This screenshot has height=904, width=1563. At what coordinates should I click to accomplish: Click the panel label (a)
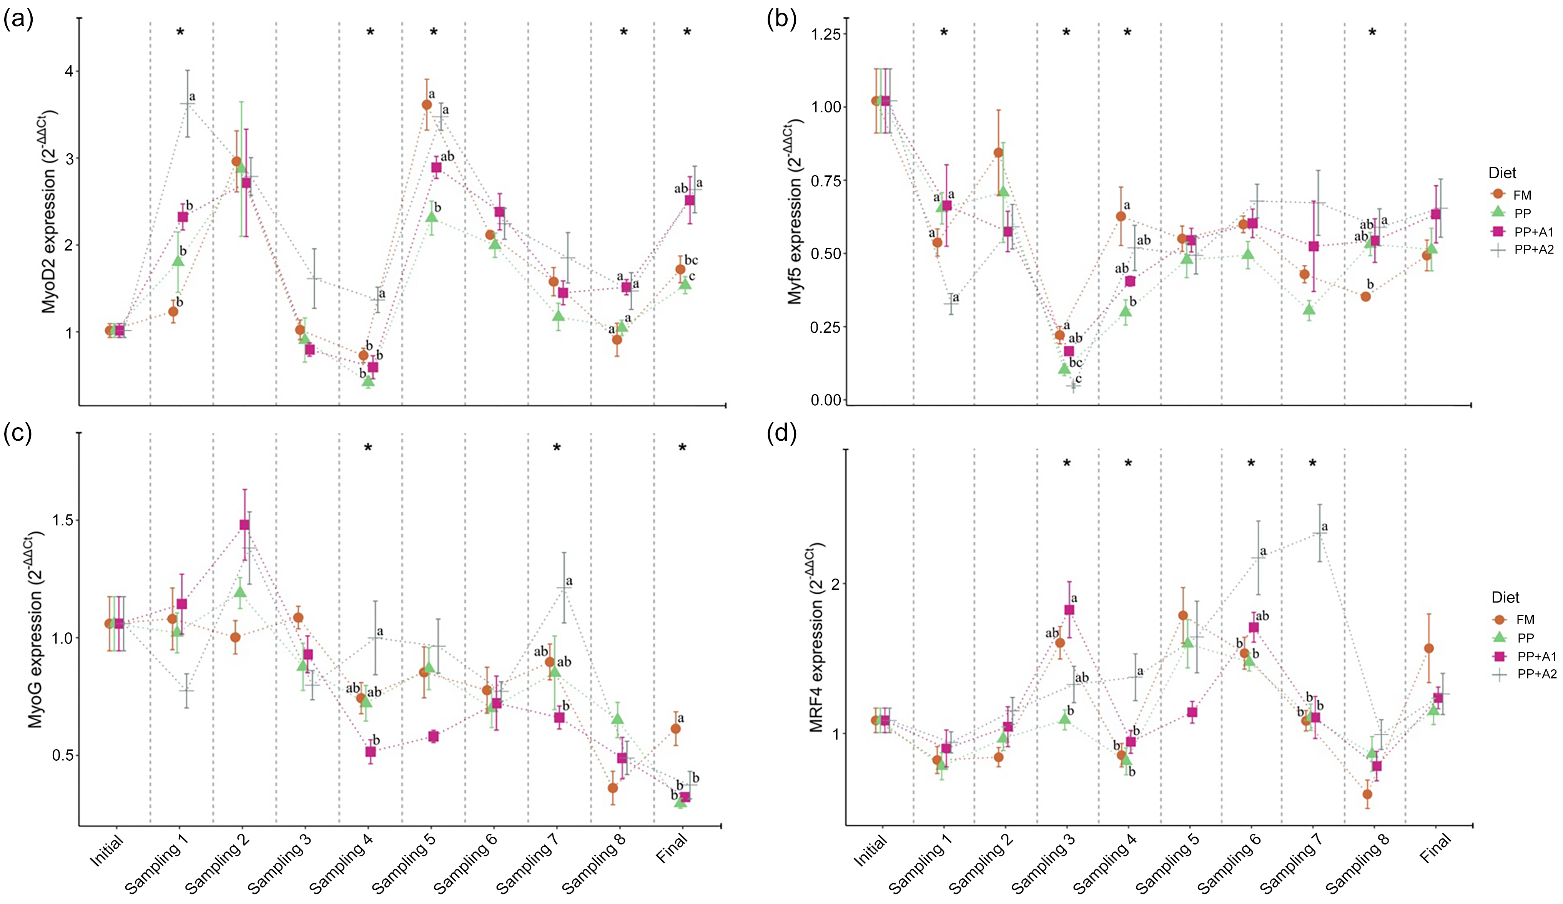tap(18, 20)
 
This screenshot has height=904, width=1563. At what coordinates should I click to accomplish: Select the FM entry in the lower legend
tap(1525, 619)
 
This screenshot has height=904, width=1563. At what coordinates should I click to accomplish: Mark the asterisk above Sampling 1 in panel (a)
tap(181, 32)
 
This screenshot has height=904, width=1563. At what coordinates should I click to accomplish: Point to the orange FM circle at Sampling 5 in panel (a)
tap(427, 105)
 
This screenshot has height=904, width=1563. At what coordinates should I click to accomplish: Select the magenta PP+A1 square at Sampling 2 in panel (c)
tap(244, 524)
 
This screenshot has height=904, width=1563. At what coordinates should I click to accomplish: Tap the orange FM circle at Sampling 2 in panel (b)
tap(998, 153)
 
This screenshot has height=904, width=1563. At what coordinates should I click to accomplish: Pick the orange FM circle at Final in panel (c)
tap(675, 728)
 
